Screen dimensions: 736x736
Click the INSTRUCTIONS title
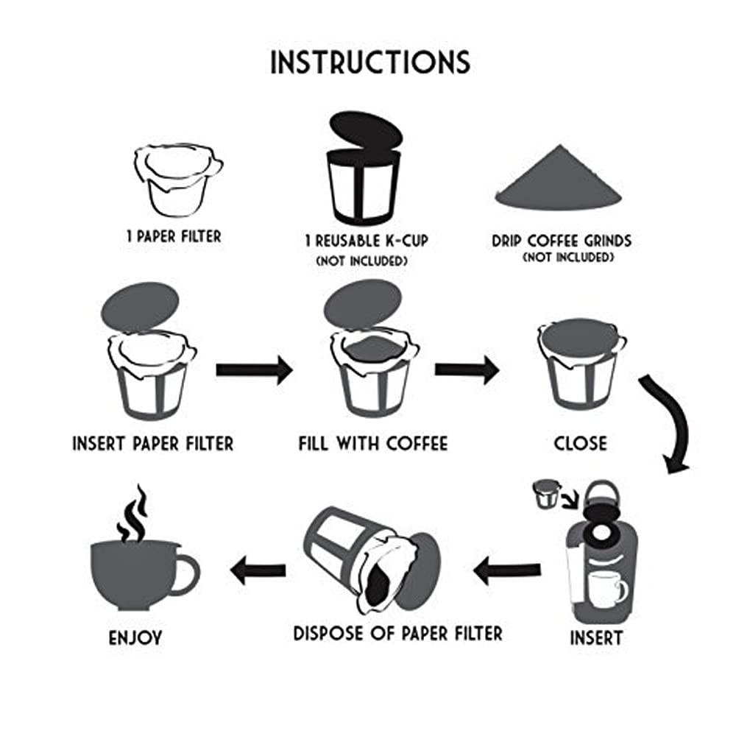coord(369,63)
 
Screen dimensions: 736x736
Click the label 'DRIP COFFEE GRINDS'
coord(562,241)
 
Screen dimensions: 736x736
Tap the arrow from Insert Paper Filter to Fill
coord(254,369)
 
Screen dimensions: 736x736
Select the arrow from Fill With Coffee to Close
coord(467,369)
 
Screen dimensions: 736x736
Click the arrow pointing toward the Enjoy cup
coord(258,569)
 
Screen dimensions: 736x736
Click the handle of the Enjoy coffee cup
coord(186,573)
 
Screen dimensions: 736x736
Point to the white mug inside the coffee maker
coord(607,589)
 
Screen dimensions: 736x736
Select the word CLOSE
coord(581,444)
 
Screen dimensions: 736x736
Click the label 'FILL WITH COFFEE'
coord(372,444)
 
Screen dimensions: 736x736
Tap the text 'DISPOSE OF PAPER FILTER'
coord(397,633)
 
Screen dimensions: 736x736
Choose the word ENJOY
coord(135,637)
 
